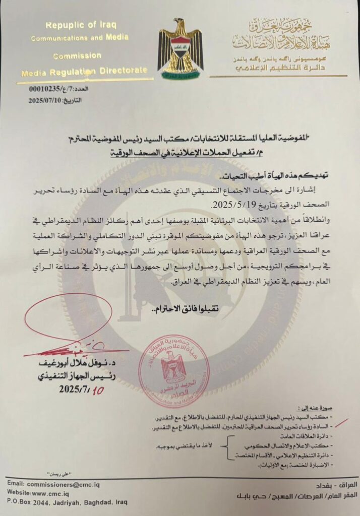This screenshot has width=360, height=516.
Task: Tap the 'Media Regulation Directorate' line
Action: coord(85,73)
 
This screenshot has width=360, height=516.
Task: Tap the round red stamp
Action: coord(174,371)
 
